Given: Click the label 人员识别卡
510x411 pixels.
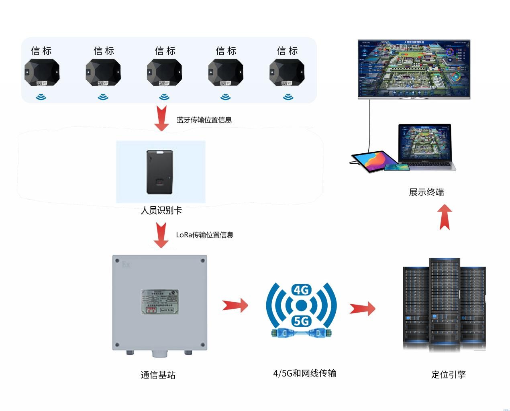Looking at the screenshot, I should tap(161, 210).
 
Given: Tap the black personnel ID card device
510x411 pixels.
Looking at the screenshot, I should tap(160, 171).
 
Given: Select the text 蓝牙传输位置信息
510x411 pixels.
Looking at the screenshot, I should tap(204, 120).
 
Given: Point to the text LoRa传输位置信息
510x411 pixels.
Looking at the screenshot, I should tap(204, 235).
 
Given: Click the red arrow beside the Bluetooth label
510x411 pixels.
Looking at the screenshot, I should tap(161, 118).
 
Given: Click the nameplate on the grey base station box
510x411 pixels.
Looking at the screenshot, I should tap(159, 302).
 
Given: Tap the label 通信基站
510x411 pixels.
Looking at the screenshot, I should tap(158, 375).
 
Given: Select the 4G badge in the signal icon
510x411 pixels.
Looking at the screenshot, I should tap(301, 290).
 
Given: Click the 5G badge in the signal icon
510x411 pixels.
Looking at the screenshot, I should tap(301, 321).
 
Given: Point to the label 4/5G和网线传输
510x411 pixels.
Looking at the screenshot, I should tap(304, 373).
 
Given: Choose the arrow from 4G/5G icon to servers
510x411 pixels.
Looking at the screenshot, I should tap(362, 309).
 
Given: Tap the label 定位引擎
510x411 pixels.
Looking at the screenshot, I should tap(448, 374).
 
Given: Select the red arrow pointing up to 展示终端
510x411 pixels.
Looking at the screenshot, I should tap(445, 217).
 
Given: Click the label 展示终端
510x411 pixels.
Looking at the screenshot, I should tap(426, 192).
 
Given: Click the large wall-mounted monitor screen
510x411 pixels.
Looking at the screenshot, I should tap(414, 68).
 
